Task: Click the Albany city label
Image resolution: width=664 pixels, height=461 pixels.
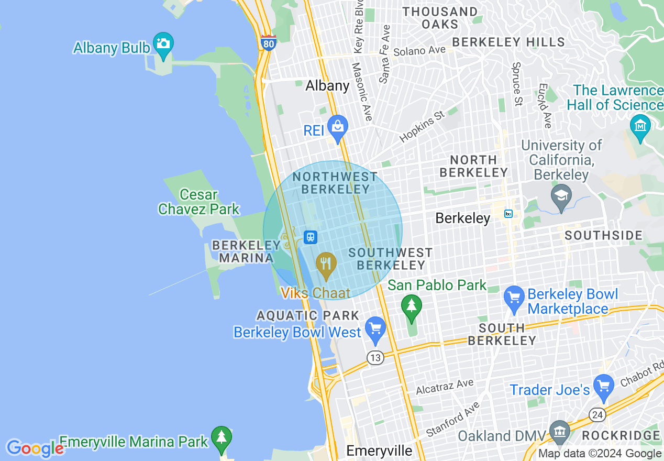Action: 327,85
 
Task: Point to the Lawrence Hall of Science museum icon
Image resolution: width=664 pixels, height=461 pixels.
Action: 640,126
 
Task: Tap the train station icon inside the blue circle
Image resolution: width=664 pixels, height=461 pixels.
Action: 311,237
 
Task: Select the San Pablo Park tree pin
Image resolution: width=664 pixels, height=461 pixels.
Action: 411,306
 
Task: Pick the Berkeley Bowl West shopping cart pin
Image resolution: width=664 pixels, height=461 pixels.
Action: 375,329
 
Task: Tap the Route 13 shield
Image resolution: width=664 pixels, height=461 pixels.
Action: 375,358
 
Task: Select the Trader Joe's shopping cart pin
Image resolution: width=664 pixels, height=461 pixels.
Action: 604,386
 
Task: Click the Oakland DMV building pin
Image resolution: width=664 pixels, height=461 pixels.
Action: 560,433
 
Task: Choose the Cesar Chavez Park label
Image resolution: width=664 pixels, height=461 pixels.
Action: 198,202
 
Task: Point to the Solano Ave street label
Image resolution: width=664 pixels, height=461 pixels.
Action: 419,51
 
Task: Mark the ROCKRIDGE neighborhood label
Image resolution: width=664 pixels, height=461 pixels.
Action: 621,436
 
